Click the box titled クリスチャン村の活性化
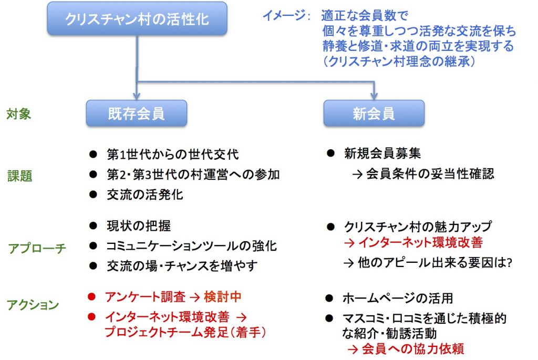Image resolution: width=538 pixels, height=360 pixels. (137, 18)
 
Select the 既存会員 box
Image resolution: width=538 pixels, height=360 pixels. (137, 113)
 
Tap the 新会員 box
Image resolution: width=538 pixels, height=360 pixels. (374, 113)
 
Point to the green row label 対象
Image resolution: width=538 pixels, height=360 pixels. (18, 114)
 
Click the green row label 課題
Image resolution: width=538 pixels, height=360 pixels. (20, 176)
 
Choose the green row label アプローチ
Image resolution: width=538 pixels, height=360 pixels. (37, 248)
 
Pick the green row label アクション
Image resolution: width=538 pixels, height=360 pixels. (33, 304)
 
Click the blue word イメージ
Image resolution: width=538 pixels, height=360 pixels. (284, 15)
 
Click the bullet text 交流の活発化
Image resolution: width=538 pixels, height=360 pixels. (145, 194)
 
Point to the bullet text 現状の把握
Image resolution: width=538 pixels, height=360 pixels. (139, 225)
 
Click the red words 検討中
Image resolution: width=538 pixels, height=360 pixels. (223, 296)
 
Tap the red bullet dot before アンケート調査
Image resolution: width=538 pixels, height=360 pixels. (91, 296)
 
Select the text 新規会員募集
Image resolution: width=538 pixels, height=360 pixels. (382, 153)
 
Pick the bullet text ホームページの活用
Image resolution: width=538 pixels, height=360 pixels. (398, 298)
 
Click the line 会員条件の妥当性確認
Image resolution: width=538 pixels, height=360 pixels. (423, 173)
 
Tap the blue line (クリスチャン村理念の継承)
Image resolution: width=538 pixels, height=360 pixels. (400, 61)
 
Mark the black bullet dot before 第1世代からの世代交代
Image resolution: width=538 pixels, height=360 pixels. (93, 154)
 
